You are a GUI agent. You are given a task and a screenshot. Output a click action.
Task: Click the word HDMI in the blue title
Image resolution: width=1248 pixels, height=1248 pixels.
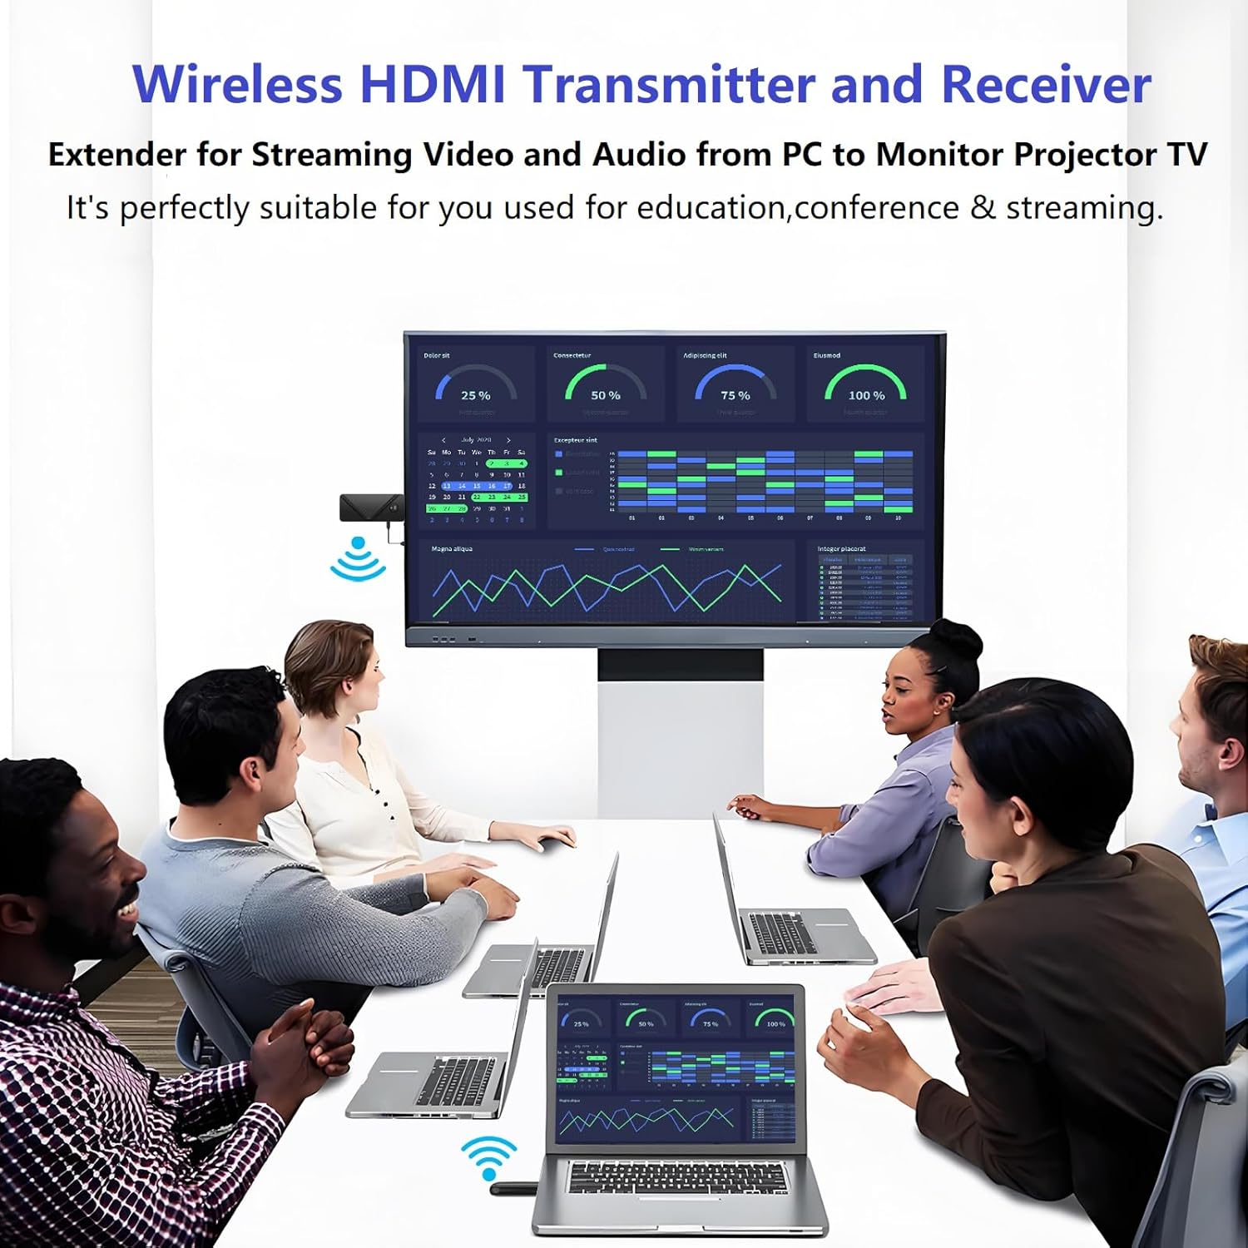tap(432, 84)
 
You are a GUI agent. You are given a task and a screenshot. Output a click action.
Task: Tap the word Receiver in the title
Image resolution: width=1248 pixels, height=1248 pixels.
tap(1046, 84)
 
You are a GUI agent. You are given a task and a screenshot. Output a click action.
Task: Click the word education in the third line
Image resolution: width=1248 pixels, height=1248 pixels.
tap(711, 207)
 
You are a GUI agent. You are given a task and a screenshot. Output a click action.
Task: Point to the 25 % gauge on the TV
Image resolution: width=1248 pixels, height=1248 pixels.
tap(476, 385)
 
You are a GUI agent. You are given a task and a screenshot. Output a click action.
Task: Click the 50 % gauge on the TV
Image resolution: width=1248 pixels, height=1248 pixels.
tap(606, 385)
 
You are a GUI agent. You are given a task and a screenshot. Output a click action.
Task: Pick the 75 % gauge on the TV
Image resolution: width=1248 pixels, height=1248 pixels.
tap(735, 385)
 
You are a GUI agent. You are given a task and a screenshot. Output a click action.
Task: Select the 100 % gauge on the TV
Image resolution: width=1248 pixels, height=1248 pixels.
tap(865, 385)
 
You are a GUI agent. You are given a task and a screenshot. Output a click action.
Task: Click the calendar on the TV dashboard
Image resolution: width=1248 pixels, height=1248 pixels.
tap(477, 480)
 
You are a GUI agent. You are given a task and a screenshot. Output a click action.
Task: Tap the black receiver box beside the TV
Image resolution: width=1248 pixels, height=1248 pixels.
tap(371, 507)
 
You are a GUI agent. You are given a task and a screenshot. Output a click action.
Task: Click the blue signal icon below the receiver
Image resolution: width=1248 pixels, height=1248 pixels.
tap(358, 558)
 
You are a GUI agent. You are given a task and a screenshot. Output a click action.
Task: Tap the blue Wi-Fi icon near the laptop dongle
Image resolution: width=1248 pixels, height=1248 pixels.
tap(489, 1156)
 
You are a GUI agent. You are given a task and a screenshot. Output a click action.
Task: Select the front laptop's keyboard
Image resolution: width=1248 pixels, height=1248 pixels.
tap(676, 1178)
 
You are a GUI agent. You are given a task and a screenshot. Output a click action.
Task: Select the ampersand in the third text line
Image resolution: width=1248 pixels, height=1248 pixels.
tap(983, 207)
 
